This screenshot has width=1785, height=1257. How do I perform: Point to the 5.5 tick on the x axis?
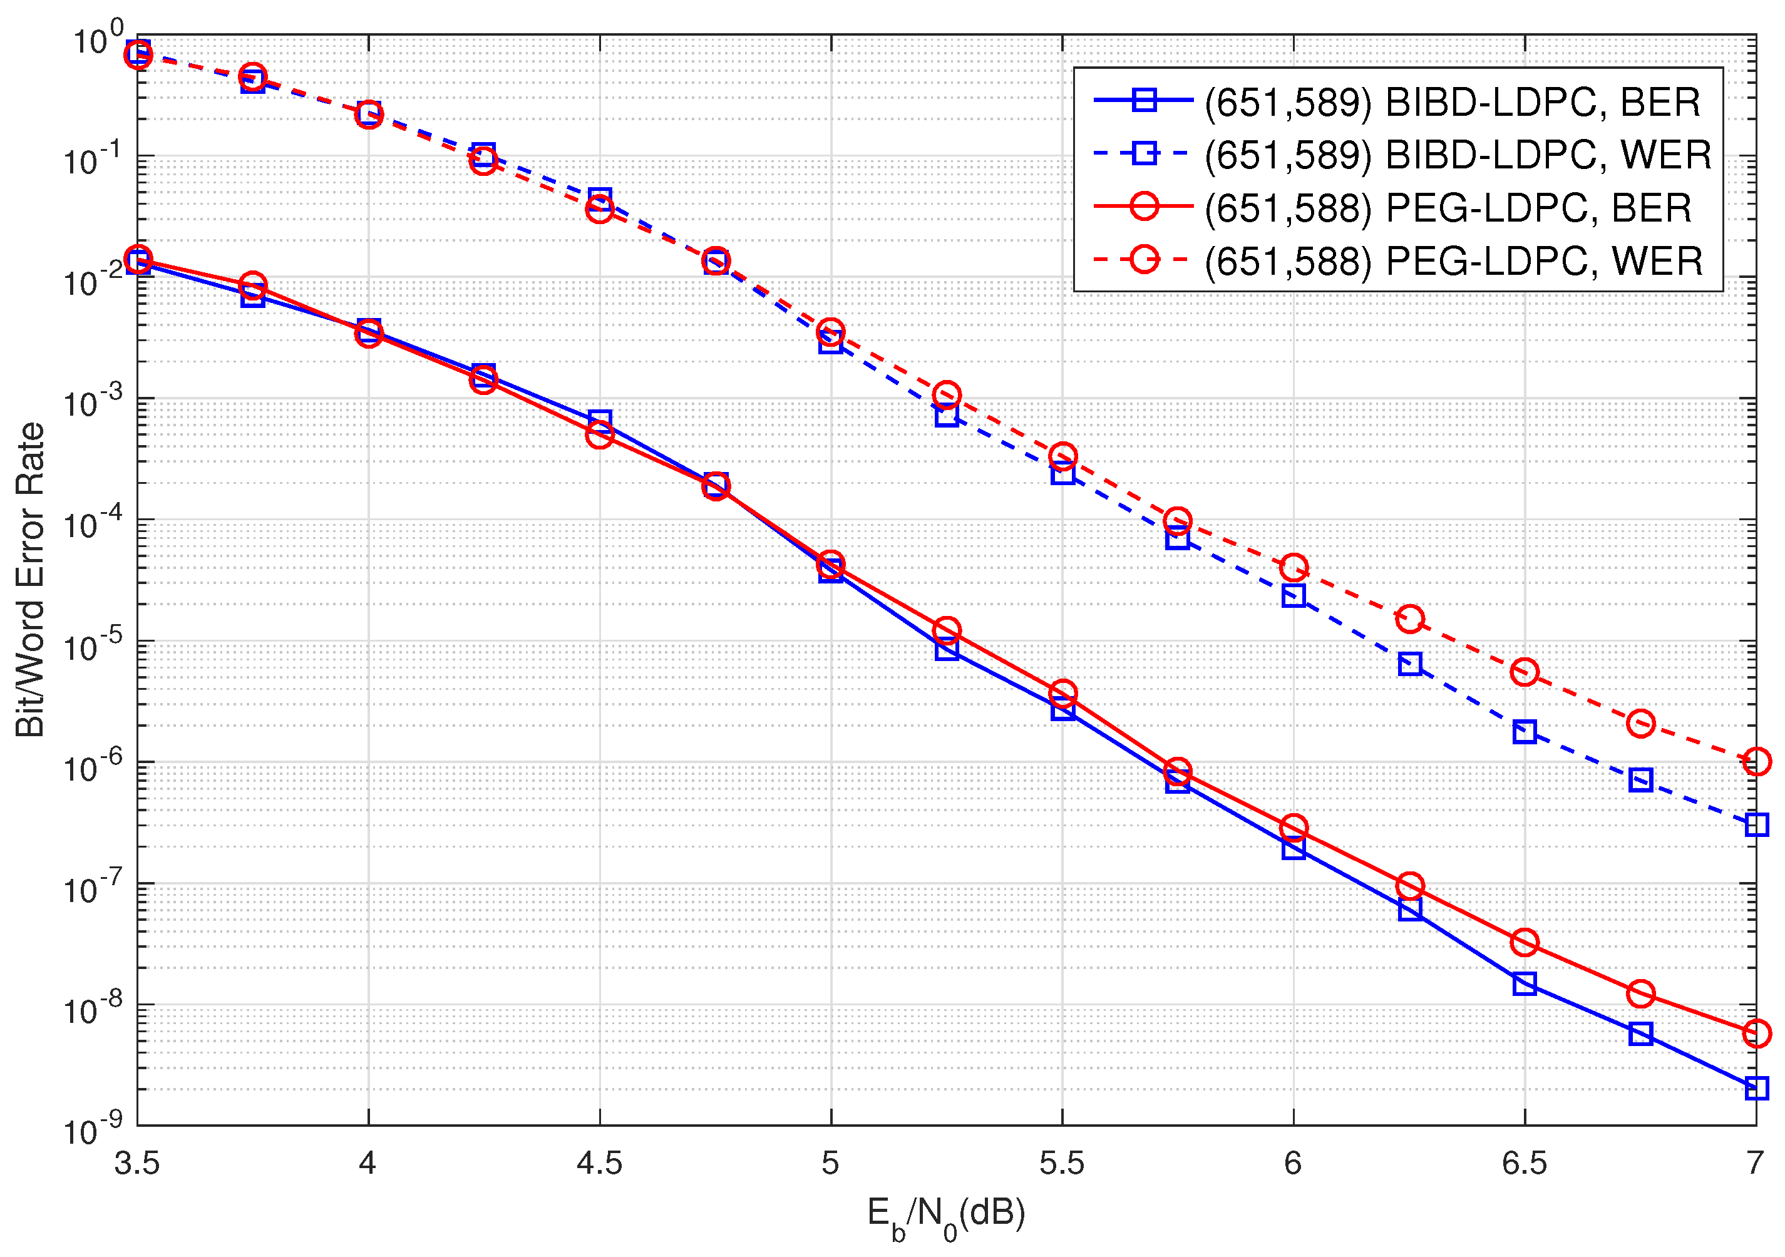(1061, 1164)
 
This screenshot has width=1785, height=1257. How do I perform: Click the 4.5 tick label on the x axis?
(599, 1164)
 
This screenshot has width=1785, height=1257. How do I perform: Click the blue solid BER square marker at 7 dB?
(1756, 1087)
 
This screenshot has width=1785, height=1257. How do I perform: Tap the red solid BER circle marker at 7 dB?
(1756, 1033)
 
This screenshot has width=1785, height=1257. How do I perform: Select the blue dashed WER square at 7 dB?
(1756, 824)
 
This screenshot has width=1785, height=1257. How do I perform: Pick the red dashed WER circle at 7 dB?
(1756, 761)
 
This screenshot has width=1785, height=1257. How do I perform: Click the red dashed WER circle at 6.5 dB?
(1525, 672)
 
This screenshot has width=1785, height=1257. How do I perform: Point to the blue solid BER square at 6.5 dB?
(1525, 983)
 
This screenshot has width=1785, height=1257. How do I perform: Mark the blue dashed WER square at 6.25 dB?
(1409, 664)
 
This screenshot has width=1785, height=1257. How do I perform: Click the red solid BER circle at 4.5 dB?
(599, 434)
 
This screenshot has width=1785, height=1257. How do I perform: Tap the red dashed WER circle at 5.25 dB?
(946, 395)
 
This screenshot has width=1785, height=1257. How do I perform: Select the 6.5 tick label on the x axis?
(1524, 1164)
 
